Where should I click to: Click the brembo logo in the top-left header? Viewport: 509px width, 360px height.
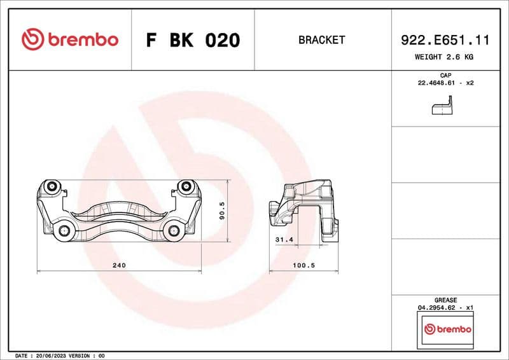tap(70, 39)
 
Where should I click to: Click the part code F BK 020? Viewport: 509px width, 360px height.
tap(193, 40)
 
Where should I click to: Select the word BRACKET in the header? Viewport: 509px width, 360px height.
tap(321, 40)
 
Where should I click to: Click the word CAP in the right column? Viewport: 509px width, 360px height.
tap(445, 75)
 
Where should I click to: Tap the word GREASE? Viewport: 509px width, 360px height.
tap(445, 300)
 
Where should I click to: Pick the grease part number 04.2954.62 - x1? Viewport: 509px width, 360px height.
tap(445, 307)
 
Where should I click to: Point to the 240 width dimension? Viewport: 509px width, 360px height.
tap(119, 265)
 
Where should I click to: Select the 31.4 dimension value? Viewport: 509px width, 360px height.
tap(282, 240)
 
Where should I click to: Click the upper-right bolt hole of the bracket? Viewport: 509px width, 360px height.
tap(186, 187)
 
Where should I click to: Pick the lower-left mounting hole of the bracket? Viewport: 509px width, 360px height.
tap(64, 232)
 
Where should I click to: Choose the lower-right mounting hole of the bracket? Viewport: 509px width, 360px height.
tap(174, 232)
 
